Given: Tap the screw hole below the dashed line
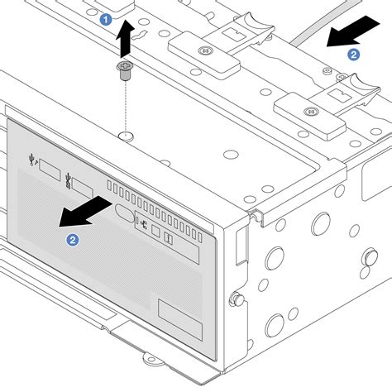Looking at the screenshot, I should (124, 134).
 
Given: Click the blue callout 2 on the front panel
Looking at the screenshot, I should (74, 240).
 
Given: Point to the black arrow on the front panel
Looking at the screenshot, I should (86, 209).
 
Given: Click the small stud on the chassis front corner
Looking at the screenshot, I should (238, 297).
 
